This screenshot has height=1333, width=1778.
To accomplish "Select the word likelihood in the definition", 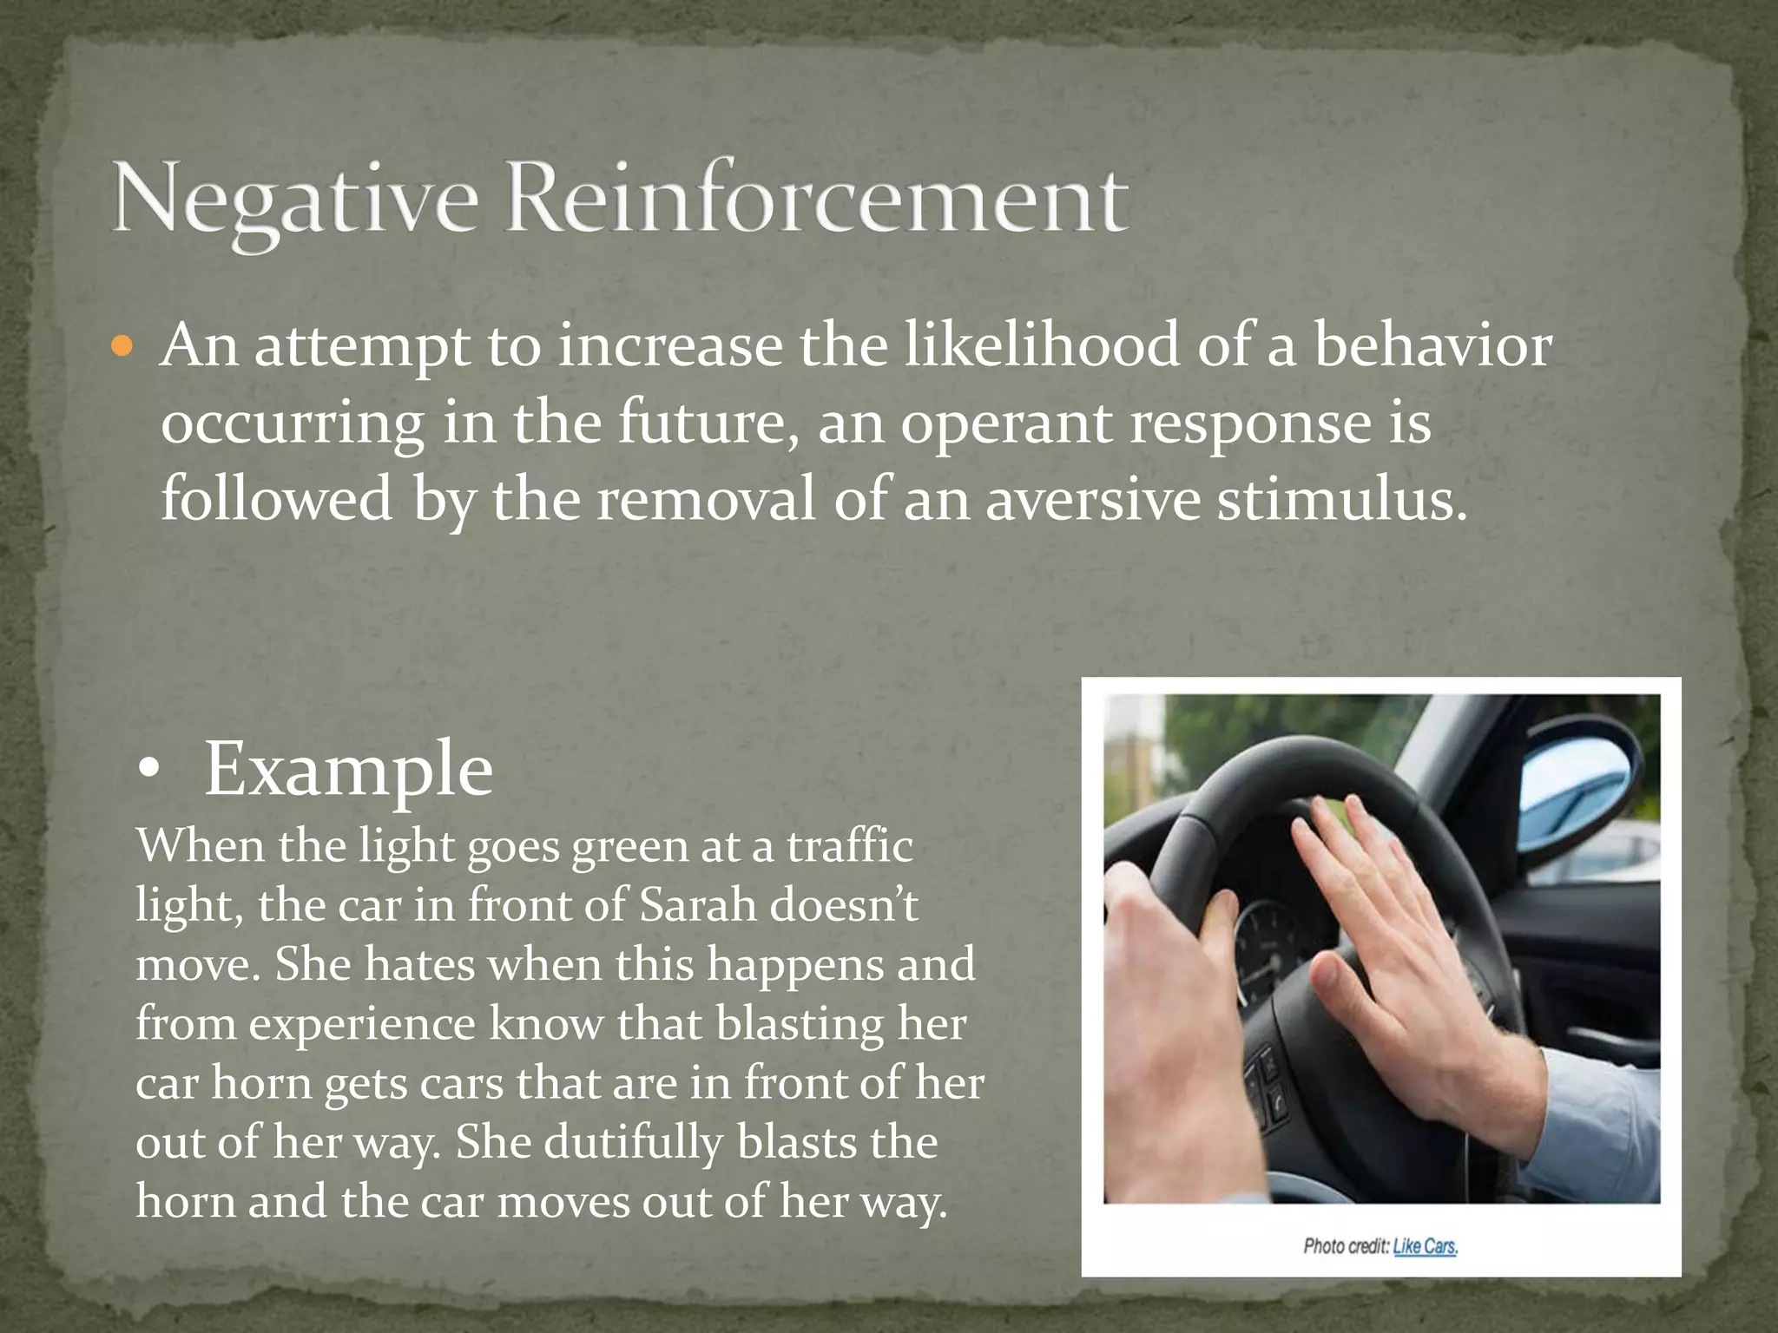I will click(1041, 345).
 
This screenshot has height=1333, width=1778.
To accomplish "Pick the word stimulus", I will click(1341, 501).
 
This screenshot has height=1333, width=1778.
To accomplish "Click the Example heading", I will click(348, 769).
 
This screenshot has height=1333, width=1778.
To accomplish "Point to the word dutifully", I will click(634, 1142).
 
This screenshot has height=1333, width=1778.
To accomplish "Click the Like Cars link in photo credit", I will click(1425, 1246).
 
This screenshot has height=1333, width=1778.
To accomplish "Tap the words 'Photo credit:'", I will click(1345, 1246).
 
